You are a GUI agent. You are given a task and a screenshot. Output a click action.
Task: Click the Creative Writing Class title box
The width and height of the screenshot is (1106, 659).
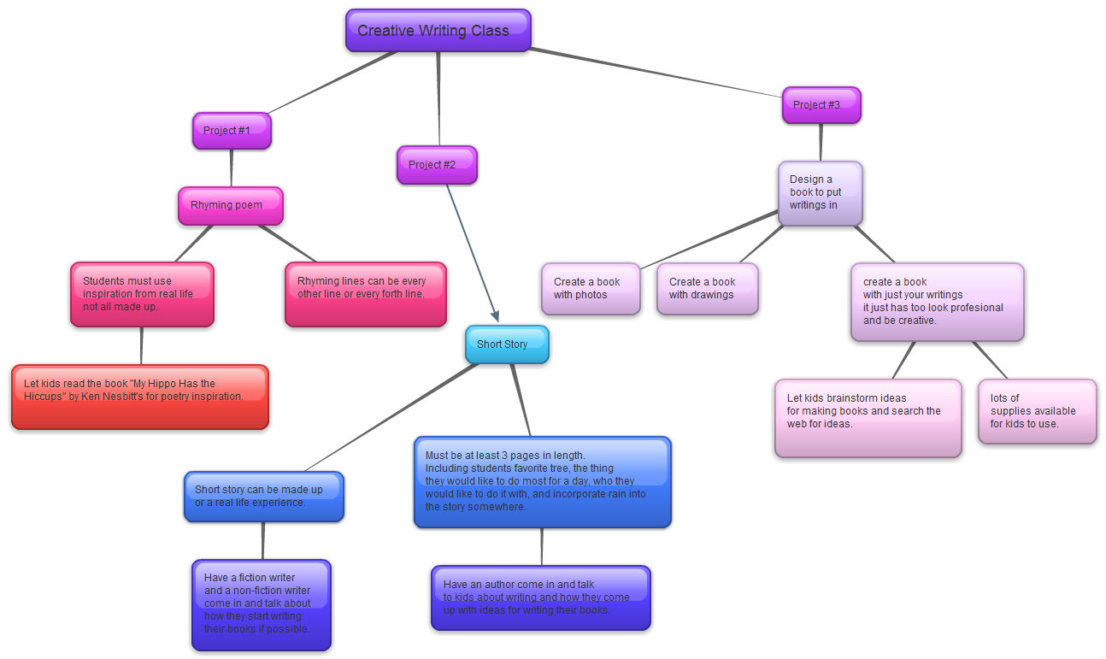pyautogui.click(x=438, y=31)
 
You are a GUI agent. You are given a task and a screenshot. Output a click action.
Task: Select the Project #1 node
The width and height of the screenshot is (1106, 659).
pyautogui.click(x=232, y=131)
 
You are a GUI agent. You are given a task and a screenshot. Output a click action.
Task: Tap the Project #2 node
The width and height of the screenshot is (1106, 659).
pyautogui.click(x=437, y=165)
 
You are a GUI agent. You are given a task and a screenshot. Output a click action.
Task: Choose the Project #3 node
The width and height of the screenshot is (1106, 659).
pyautogui.click(x=821, y=105)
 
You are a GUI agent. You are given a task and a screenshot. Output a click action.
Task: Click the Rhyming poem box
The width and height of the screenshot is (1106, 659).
pyautogui.click(x=230, y=206)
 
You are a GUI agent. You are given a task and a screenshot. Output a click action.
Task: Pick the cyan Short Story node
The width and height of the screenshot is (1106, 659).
pyautogui.click(x=506, y=344)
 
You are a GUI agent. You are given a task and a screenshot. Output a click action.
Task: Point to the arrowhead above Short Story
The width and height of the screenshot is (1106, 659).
pyautogui.click(x=494, y=317)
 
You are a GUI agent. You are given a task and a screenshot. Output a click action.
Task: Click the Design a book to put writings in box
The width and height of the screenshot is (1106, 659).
pyautogui.click(x=820, y=193)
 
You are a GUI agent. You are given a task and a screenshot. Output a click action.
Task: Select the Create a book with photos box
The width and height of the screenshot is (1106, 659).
pyautogui.click(x=590, y=289)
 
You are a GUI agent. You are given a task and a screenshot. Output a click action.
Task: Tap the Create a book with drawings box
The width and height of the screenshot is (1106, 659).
pyautogui.click(x=707, y=289)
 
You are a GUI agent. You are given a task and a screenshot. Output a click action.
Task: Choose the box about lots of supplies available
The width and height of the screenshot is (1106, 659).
pyautogui.click(x=1037, y=412)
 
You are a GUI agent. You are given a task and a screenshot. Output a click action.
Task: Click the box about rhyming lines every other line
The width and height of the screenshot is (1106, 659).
pyautogui.click(x=365, y=294)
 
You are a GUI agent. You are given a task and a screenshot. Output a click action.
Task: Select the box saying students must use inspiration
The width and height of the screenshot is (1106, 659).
pyautogui.click(x=142, y=294)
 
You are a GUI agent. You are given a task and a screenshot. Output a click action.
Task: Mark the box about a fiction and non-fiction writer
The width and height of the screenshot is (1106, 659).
pyautogui.click(x=261, y=604)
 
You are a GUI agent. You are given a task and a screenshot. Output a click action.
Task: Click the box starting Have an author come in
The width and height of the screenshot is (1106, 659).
pyautogui.click(x=540, y=597)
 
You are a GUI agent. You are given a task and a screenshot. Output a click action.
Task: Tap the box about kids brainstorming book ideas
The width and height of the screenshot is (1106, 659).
pyautogui.click(x=868, y=418)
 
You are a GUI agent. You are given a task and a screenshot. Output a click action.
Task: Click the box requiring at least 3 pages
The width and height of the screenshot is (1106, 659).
pyautogui.click(x=542, y=482)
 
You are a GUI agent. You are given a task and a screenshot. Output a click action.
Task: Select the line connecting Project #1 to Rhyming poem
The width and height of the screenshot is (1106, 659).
pyautogui.click(x=231, y=168)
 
